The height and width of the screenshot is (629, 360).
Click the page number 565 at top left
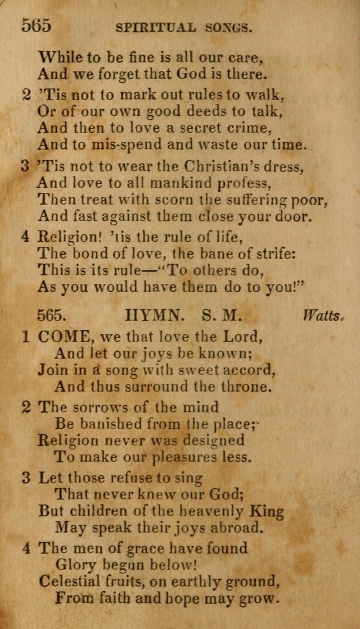pyautogui.click(x=37, y=26)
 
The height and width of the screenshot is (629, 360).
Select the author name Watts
pyautogui.click(x=323, y=316)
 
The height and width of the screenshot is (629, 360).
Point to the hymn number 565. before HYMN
pyautogui.click(x=53, y=316)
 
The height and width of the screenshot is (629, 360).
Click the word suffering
pyautogui.click(x=256, y=199)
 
